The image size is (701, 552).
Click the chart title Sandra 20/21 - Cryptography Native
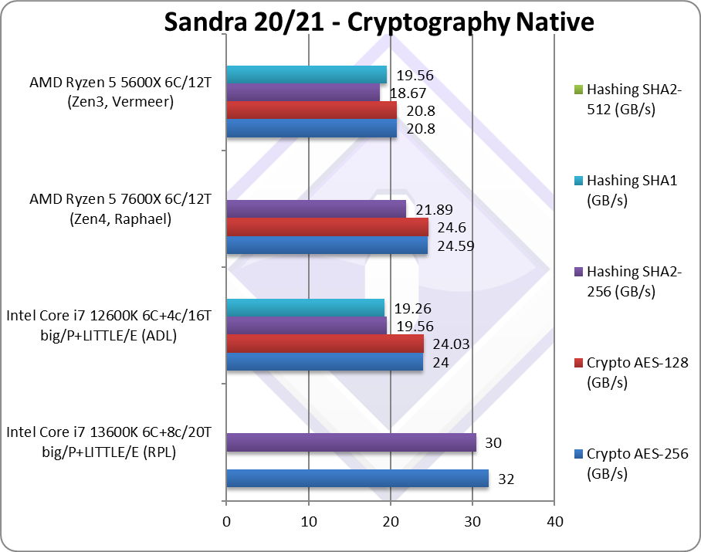click(x=378, y=22)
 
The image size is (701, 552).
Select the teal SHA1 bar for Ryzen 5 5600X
click(x=306, y=75)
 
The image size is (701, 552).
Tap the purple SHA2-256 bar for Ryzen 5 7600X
click(x=316, y=209)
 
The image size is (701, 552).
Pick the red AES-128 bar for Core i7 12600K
click(x=325, y=344)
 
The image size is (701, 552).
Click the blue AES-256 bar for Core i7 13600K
click(x=357, y=478)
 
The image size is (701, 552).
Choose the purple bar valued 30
click(x=351, y=442)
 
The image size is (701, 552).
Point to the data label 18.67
click(x=408, y=93)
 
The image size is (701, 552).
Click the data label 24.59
click(x=455, y=246)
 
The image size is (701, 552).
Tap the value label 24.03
click(x=451, y=344)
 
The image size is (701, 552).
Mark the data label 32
click(x=506, y=479)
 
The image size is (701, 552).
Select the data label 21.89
click(x=434, y=210)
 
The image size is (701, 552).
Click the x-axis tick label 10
click(x=309, y=522)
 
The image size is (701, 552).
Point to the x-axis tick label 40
click(x=555, y=522)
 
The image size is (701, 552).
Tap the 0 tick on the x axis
click(x=227, y=522)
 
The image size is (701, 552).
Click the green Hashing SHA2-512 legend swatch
click(x=578, y=90)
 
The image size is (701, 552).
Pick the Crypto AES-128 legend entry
click(x=632, y=372)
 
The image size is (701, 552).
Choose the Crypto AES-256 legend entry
click(x=632, y=463)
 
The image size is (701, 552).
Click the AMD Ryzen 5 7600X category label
click(x=120, y=208)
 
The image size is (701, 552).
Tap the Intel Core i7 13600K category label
click(x=109, y=442)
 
